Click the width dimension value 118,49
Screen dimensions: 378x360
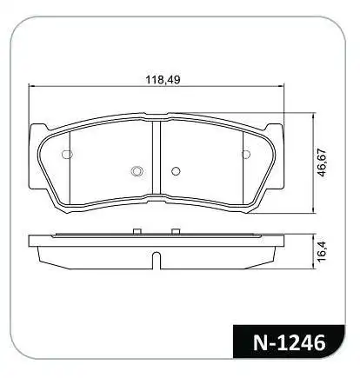(x=161, y=80)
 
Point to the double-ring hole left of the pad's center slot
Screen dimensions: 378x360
(x=135, y=170)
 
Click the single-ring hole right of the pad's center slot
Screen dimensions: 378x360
(x=175, y=170)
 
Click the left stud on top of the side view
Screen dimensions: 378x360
(x=136, y=231)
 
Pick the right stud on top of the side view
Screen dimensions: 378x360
(x=175, y=231)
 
